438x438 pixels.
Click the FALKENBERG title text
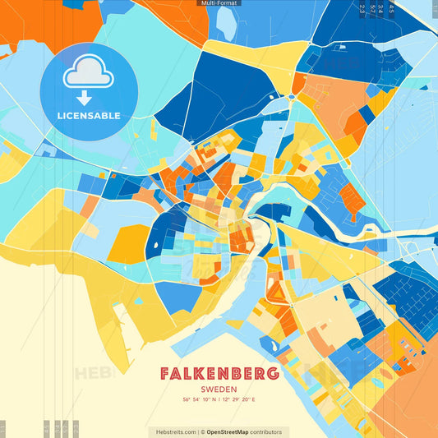tap(219, 374)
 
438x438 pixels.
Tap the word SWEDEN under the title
tap(219, 389)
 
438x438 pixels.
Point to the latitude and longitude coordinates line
tap(219, 399)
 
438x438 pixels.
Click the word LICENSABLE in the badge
tap(89, 116)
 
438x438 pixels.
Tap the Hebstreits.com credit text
tap(173, 431)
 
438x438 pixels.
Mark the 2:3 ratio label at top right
tap(362, 10)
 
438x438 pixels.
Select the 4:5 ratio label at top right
tap(391, 10)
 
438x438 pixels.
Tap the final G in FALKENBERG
tap(273, 374)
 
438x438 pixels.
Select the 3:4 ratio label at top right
tap(381, 10)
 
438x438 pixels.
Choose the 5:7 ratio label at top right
tap(372, 10)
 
